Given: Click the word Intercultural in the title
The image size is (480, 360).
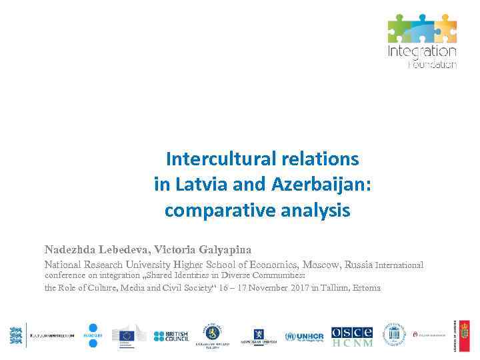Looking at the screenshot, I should [213, 159].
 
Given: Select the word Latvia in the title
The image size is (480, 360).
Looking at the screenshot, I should [203, 184].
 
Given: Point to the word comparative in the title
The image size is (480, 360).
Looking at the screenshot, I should [219, 211].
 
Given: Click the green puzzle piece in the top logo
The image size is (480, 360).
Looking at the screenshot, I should [399, 27].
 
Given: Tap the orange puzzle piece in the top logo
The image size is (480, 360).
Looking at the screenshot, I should [445, 27].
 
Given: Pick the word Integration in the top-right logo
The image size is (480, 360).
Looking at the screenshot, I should [422, 51].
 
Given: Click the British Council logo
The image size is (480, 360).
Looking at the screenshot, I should [171, 336].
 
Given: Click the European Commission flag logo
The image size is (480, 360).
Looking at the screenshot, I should [128, 335].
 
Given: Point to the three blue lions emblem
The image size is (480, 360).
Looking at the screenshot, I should [17, 335].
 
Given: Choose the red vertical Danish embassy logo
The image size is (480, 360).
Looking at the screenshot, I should [464, 335].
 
